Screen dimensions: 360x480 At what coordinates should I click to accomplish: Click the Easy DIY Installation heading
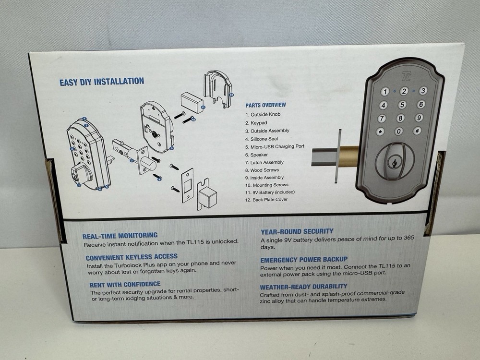pyautogui.click(x=101, y=82)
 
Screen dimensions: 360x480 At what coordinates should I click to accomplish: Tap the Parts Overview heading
pyautogui.click(x=265, y=105)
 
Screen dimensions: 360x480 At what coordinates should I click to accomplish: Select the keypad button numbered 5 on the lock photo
pyautogui.click(x=402, y=105)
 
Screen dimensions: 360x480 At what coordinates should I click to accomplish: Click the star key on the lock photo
pyautogui.click(x=381, y=132)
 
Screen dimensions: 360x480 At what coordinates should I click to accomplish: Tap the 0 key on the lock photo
pyautogui.click(x=399, y=131)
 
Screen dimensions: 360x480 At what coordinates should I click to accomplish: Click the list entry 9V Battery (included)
pyautogui.click(x=270, y=192)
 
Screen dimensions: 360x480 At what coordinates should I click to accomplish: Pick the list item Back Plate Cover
pyautogui.click(x=266, y=200)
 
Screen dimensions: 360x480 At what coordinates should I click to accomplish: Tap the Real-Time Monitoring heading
pyautogui.click(x=120, y=235)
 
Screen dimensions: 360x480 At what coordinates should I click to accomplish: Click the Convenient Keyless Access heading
pyautogui.click(x=132, y=257)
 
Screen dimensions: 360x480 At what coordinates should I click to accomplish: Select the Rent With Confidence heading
pyautogui.click(x=125, y=285)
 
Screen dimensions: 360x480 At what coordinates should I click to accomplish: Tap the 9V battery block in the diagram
pyautogui.click(x=192, y=103)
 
